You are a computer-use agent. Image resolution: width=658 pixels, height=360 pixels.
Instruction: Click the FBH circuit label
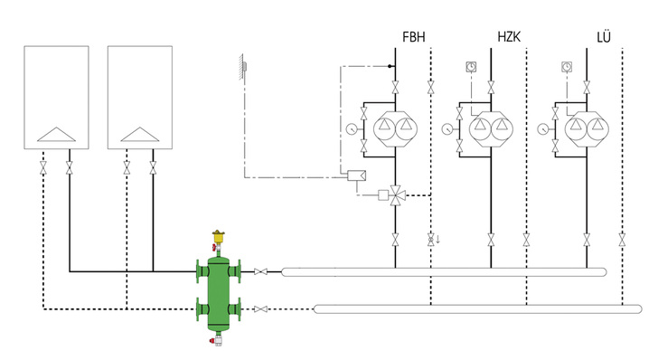tap(414, 37)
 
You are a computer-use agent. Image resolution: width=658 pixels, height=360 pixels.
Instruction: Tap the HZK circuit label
tap(509, 37)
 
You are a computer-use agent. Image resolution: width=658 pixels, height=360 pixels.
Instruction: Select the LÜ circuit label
tap(604, 36)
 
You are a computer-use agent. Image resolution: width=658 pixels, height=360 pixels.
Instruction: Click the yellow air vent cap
tap(218, 236)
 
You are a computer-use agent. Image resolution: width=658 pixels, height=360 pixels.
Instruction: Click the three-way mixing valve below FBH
tap(395, 194)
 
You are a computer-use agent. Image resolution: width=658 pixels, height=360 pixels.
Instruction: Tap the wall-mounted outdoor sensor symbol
tap(242, 66)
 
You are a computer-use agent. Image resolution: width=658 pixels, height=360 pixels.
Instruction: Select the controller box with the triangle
tap(357, 175)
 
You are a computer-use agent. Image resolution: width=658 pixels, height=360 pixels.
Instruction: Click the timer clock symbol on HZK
tap(471, 66)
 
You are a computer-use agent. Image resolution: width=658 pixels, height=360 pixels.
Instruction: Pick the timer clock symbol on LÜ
tap(567, 66)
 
